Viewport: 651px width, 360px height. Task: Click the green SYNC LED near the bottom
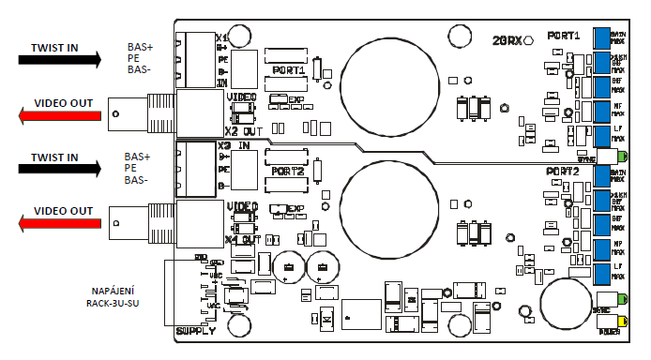(623, 302)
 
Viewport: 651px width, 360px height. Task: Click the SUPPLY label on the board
(196, 331)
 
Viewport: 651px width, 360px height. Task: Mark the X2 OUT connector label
(243, 130)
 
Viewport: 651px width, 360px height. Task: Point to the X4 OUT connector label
(243, 239)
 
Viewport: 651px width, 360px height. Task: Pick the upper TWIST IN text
(53, 46)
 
